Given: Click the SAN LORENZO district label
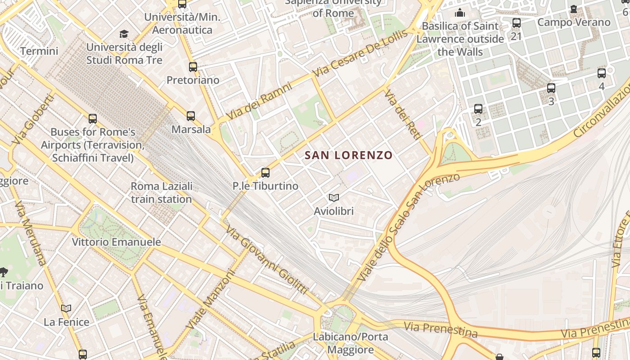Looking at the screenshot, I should (x=349, y=155).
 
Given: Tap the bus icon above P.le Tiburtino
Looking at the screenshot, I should (x=265, y=172).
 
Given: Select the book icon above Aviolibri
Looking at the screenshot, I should (x=333, y=198).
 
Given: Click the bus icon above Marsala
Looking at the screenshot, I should (x=191, y=116).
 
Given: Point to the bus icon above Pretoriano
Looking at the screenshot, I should (x=193, y=67).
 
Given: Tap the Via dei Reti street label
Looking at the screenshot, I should (x=402, y=115).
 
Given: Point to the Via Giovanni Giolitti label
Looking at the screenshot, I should (x=266, y=260).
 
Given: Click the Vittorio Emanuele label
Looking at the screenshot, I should (x=117, y=242).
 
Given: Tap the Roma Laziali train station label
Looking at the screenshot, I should (x=162, y=193).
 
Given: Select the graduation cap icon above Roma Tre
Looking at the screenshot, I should (x=124, y=34).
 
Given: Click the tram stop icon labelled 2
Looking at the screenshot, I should (x=478, y=109).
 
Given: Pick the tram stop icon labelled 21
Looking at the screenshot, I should (x=517, y=22).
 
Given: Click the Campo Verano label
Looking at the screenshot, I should (x=574, y=22).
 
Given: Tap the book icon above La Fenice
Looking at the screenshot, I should (x=66, y=308).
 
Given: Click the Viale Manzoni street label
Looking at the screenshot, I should (x=211, y=299).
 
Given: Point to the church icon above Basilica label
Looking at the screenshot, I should (x=460, y=13).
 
